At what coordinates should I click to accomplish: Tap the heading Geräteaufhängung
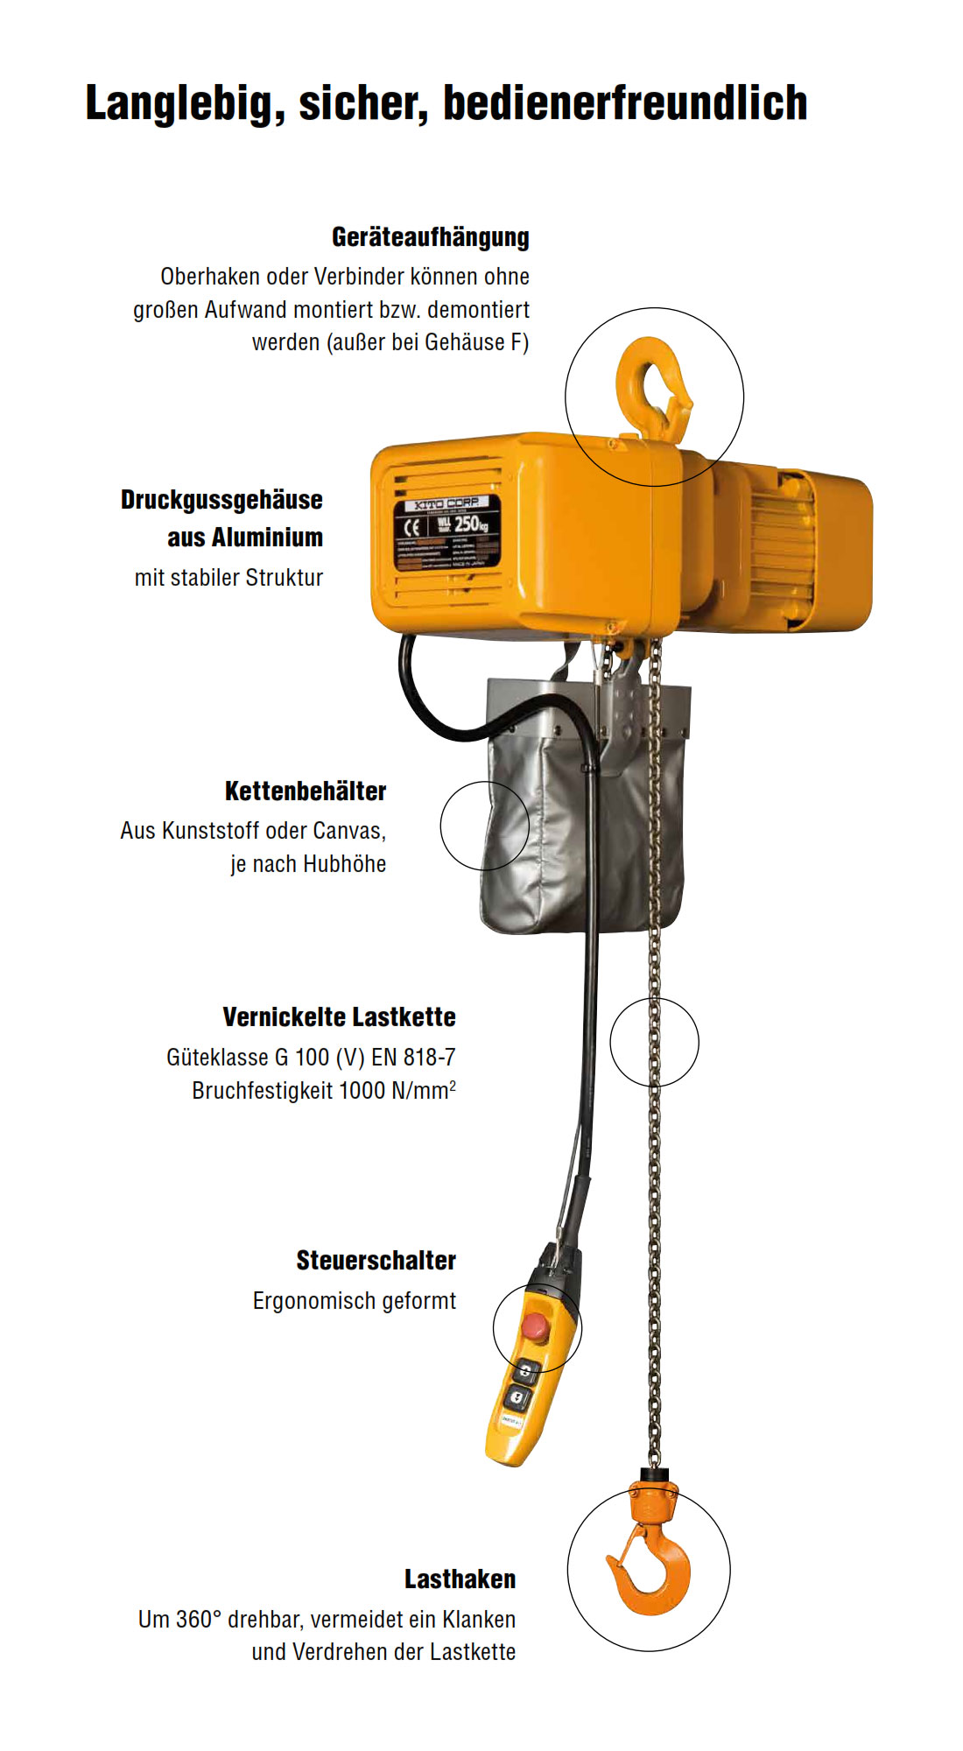(430, 237)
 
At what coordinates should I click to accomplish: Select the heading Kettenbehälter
(305, 791)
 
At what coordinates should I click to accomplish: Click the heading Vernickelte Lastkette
(339, 1017)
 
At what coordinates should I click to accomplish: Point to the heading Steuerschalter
(376, 1261)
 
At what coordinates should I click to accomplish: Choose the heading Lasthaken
(460, 1579)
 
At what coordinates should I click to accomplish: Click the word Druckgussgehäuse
(221, 500)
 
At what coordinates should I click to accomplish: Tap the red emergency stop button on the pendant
(533, 1326)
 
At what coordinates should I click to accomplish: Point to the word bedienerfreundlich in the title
(625, 104)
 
